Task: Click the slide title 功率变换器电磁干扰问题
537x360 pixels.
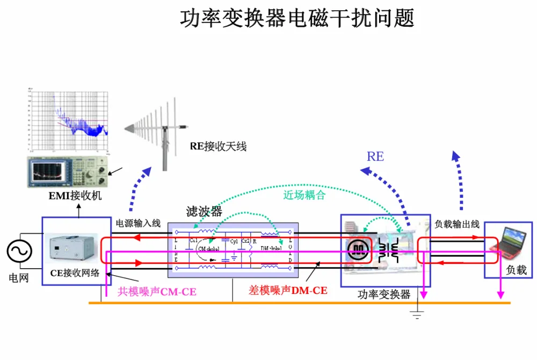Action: [x=297, y=19]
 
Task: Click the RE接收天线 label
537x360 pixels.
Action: [x=218, y=146]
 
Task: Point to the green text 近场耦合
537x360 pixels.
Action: [x=304, y=195]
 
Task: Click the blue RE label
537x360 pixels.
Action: [x=375, y=156]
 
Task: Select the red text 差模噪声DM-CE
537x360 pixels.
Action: [x=288, y=291]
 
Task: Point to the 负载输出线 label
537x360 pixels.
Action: [x=456, y=225]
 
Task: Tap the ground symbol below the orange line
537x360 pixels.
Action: [x=417, y=314]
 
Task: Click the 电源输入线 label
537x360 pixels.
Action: [x=139, y=223]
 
